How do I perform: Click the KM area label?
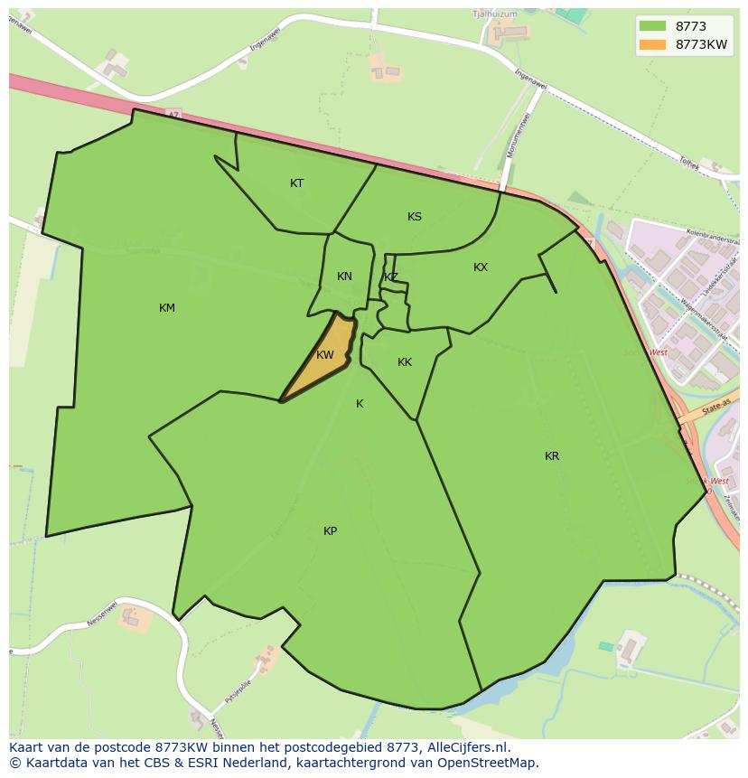click(x=167, y=308)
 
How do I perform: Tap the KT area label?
click(x=297, y=183)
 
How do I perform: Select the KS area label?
click(x=415, y=217)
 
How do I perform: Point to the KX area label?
click(x=481, y=267)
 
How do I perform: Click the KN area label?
click(x=344, y=277)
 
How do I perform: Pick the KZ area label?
click(x=391, y=277)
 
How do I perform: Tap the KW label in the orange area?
click(x=325, y=355)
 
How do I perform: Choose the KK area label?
click(x=405, y=362)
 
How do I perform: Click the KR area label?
click(x=552, y=456)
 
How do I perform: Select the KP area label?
click(x=331, y=531)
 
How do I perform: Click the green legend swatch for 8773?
click(x=652, y=26)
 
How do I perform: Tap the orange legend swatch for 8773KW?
click(x=652, y=45)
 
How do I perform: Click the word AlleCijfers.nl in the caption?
click(x=467, y=747)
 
